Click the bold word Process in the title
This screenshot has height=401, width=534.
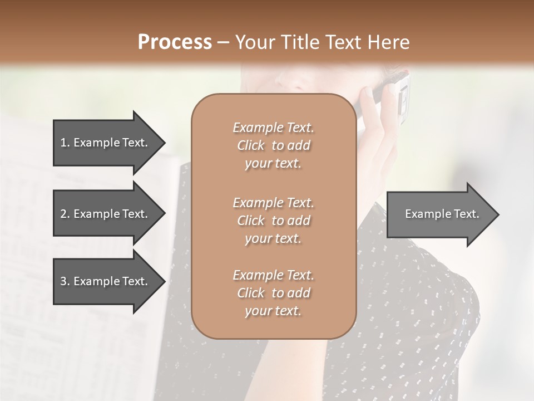pyautogui.click(x=175, y=42)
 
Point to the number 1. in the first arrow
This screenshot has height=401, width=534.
pyautogui.click(x=65, y=143)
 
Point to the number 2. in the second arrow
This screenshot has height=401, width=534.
pyautogui.click(x=65, y=214)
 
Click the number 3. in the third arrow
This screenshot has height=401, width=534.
pyautogui.click(x=65, y=281)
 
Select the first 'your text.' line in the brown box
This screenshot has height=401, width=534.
pyautogui.click(x=273, y=164)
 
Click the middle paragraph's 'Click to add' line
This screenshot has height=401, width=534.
pyautogui.click(x=273, y=221)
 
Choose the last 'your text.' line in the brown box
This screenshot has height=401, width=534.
pyautogui.click(x=273, y=311)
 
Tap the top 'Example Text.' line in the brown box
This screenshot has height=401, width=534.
pyautogui.click(x=273, y=128)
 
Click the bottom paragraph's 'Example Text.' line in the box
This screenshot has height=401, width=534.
pyautogui.click(x=273, y=275)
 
